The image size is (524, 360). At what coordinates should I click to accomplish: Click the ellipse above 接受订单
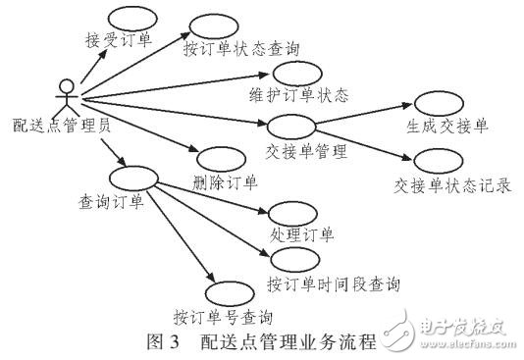point(128,21)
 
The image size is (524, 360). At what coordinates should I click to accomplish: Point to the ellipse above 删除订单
point(221,157)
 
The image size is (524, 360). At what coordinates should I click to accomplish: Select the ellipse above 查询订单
point(135,179)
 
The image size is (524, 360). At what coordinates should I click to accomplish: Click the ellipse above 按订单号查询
point(231,293)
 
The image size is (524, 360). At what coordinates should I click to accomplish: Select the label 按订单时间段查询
point(333,283)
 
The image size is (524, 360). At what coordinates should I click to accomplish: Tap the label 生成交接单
point(446,128)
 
